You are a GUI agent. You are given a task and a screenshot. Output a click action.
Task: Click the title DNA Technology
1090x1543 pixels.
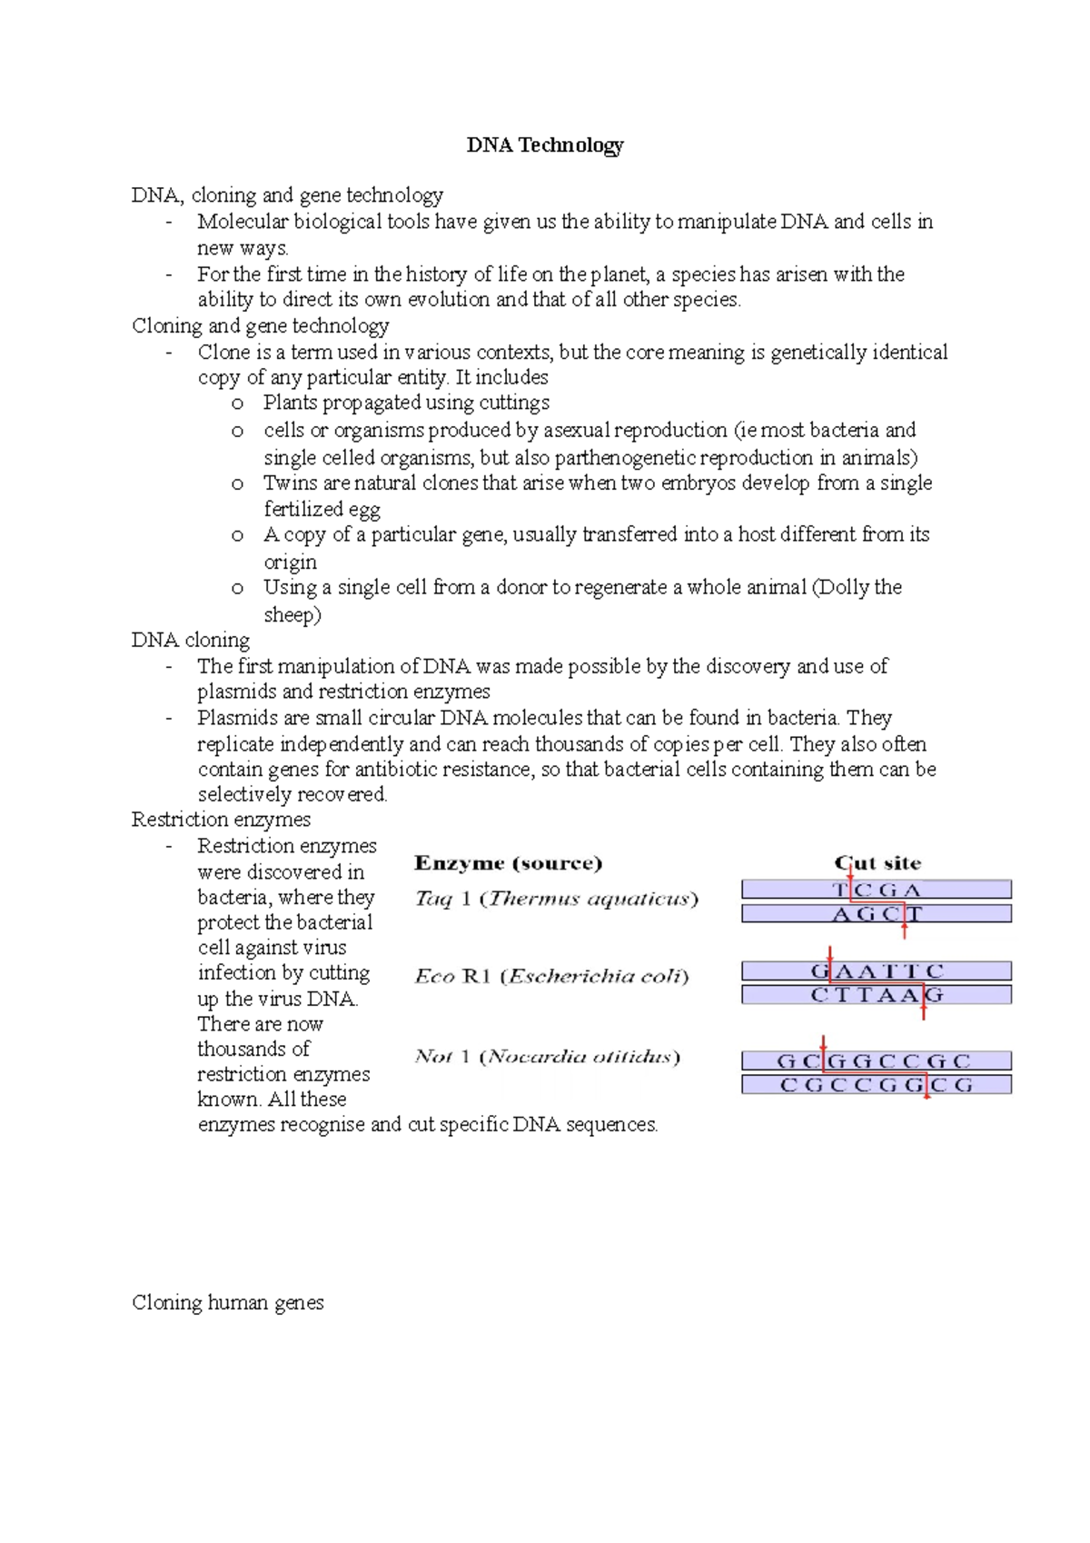click(x=545, y=145)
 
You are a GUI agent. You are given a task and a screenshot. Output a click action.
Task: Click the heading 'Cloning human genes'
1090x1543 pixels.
click(x=228, y=1302)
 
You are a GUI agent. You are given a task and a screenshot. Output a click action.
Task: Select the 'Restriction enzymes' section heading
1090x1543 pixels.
click(x=221, y=820)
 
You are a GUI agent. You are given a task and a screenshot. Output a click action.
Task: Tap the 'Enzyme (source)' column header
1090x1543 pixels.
click(x=508, y=863)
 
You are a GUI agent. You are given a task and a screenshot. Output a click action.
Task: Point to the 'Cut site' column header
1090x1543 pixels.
click(x=877, y=863)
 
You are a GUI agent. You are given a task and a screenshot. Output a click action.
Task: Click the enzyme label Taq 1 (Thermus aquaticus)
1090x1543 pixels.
click(x=556, y=900)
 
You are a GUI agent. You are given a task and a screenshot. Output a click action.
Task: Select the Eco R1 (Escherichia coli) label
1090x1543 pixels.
click(x=551, y=977)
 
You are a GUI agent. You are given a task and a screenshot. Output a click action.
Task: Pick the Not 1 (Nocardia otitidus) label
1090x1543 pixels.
click(x=547, y=1057)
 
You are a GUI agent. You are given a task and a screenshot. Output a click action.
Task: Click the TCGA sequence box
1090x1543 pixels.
click(x=877, y=890)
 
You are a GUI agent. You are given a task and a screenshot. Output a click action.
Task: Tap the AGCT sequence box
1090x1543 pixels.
click(x=877, y=914)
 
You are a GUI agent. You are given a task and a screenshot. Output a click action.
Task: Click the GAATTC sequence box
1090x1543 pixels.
click(x=877, y=971)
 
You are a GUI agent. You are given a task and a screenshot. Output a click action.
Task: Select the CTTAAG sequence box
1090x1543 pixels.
click(x=877, y=995)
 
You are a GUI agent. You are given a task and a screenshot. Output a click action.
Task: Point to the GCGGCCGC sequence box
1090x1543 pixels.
click(x=877, y=1060)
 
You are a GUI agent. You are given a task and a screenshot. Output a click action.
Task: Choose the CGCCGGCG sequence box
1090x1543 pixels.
click(x=877, y=1084)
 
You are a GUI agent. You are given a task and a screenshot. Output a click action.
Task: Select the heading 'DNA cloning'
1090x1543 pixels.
click(x=191, y=640)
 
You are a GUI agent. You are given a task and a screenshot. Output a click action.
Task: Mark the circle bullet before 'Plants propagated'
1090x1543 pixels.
click(x=237, y=403)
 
